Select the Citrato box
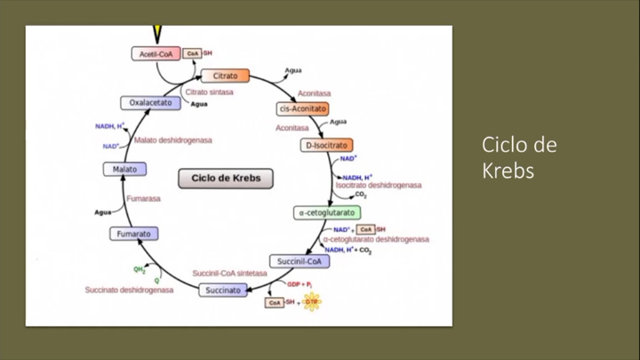click(x=224, y=76)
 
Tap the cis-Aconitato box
click(x=302, y=108)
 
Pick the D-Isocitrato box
click(x=326, y=145)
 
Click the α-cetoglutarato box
click(x=327, y=213)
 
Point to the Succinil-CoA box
click(x=299, y=262)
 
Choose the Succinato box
click(x=222, y=290)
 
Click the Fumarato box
click(x=134, y=234)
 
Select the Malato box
click(x=124, y=169)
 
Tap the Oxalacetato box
click(x=150, y=103)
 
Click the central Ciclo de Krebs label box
click(x=226, y=179)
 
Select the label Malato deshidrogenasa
click(x=172, y=140)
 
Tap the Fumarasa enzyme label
click(x=143, y=199)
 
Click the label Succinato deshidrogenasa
click(x=129, y=290)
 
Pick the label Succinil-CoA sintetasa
click(x=229, y=273)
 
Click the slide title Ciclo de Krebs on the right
click(x=520, y=157)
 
